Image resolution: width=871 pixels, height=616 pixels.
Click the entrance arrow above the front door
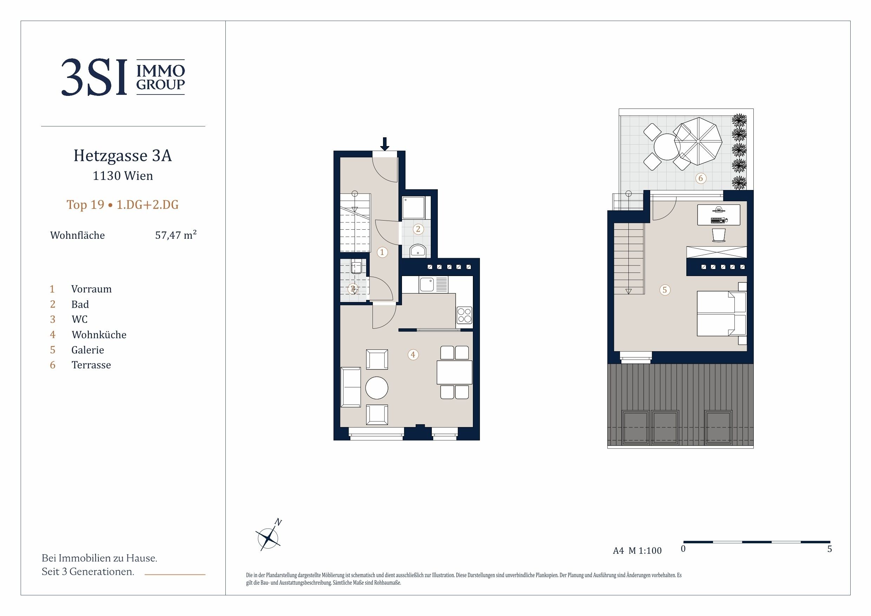(385, 144)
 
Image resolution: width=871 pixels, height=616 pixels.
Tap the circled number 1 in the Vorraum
(382, 252)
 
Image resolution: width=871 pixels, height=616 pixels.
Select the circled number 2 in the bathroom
(418, 229)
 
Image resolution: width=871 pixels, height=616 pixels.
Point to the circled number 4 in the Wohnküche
(413, 354)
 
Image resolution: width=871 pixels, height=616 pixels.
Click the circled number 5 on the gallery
(664, 290)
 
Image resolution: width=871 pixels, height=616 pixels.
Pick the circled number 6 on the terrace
(700, 178)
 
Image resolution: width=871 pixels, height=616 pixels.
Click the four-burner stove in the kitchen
(464, 315)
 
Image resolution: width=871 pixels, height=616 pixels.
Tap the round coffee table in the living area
(377, 387)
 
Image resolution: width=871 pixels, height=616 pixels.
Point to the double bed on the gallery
(722, 314)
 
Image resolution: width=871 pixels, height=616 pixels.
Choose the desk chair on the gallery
(719, 235)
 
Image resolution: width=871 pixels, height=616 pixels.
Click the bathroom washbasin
(418, 250)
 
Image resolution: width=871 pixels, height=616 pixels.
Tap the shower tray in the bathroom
(414, 208)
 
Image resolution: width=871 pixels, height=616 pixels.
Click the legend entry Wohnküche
(99, 335)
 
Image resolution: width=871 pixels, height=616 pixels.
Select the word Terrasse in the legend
(91, 365)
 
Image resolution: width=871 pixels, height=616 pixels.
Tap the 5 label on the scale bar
(830, 549)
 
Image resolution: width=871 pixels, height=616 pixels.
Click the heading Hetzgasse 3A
(123, 156)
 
